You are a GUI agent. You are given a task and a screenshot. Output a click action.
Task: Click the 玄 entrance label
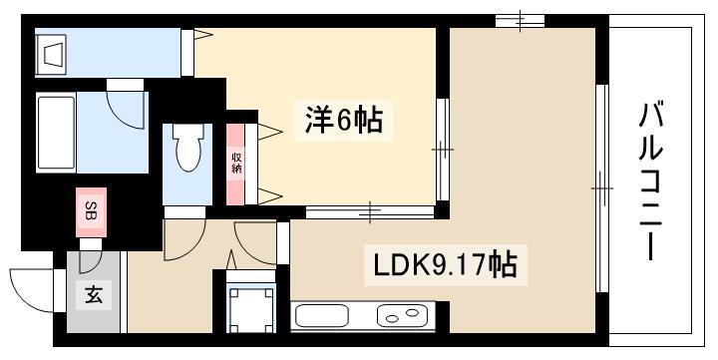[x=92, y=295]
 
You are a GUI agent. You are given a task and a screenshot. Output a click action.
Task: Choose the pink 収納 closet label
[x=237, y=163]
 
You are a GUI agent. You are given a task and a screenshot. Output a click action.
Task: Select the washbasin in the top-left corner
[x=52, y=54]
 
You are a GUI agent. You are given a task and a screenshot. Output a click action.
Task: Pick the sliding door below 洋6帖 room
[x=370, y=210]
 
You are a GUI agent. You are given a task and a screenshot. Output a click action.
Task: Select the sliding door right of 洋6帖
[x=441, y=150]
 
